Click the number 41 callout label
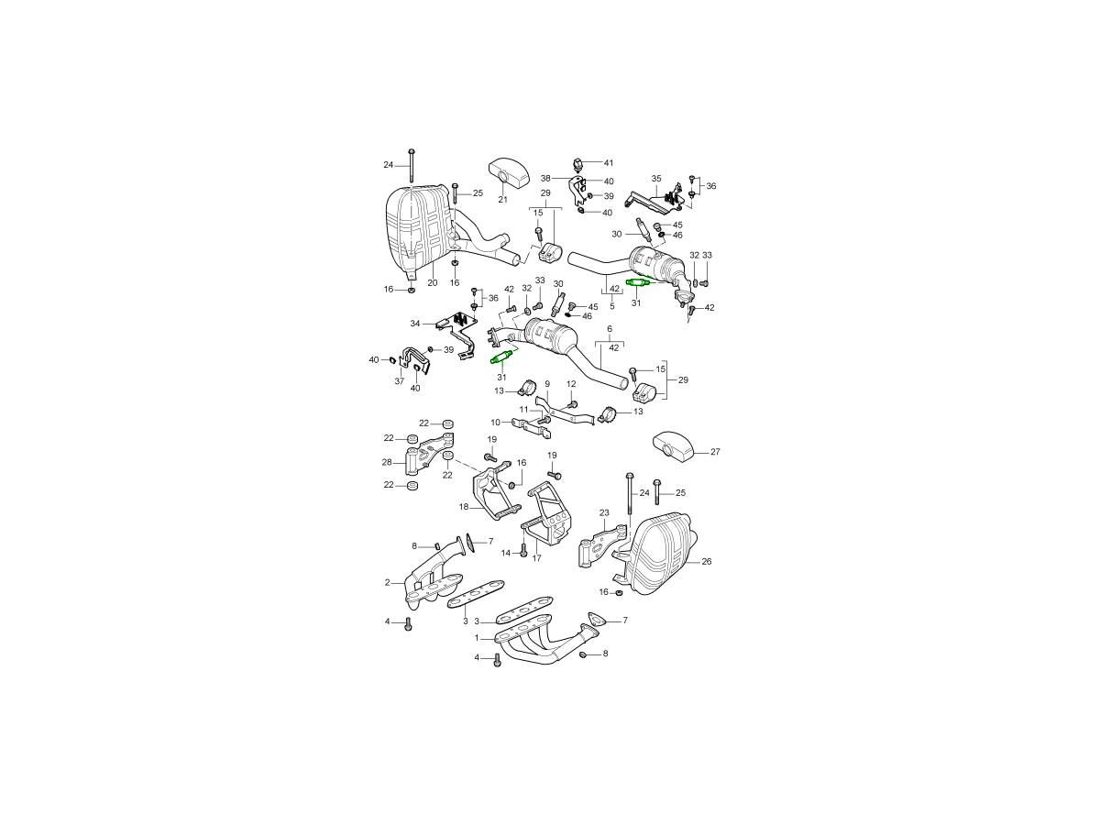(x=608, y=163)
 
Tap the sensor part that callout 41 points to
(x=577, y=165)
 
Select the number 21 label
(x=502, y=199)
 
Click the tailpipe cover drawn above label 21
(x=508, y=171)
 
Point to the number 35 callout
(x=656, y=179)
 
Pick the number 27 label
(x=715, y=452)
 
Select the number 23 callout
(x=604, y=512)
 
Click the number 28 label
(x=387, y=462)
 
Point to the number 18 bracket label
(x=464, y=507)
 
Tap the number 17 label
(x=537, y=558)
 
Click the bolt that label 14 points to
(x=523, y=551)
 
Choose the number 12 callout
(x=571, y=384)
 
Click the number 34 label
(x=415, y=324)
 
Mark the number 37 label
(x=399, y=381)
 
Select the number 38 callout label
(x=545, y=179)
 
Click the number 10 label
(x=496, y=423)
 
